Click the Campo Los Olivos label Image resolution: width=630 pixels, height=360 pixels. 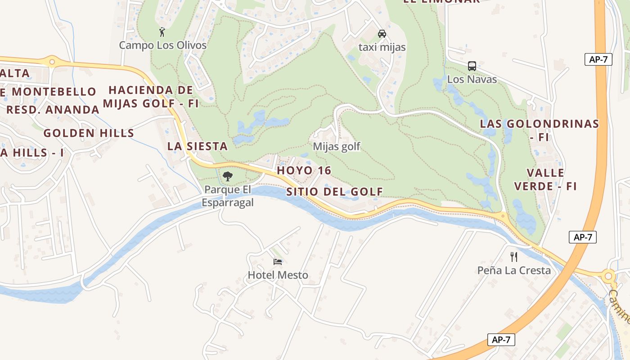pos(162,45)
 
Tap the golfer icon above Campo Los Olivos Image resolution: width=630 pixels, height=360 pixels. pos(162,32)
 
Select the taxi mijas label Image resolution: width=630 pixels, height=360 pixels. pos(382,47)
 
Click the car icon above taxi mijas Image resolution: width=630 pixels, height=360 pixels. pos(382,34)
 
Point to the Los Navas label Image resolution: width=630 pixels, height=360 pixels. pos(472,80)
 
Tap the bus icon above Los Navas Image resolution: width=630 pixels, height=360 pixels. pos(472,66)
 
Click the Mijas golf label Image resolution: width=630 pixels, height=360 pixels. pos(337,147)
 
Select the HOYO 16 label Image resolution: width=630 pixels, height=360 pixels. pos(304,171)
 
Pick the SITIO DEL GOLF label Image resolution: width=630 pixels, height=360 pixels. pos(334,192)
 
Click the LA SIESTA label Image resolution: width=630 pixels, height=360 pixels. pos(197,146)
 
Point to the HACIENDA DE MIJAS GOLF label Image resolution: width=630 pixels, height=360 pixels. pos(151,97)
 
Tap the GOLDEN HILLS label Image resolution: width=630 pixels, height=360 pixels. pos(89,133)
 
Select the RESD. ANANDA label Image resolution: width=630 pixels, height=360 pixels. pos(53,110)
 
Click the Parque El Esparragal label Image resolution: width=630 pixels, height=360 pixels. pos(228,196)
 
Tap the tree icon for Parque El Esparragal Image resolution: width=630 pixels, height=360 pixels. pos(228,176)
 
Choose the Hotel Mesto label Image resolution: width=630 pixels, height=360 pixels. pos(278,275)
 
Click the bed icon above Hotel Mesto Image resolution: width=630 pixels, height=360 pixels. pos(278,261)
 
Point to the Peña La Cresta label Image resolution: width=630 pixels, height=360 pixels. pos(514,270)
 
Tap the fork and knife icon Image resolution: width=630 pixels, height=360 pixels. pos(514,257)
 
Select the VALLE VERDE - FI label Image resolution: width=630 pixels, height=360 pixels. pos(545,180)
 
